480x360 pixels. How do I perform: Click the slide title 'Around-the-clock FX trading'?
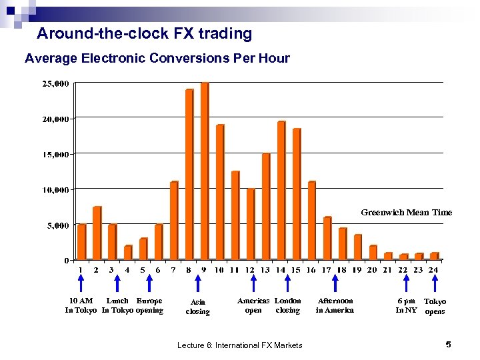pyautogui.click(x=145, y=33)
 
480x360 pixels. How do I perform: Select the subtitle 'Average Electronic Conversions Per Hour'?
pyautogui.click(x=157, y=59)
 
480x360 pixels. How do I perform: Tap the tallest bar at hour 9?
pyautogui.click(x=205, y=171)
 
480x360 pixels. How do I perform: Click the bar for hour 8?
pyautogui.click(x=189, y=175)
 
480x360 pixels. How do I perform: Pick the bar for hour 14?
pyautogui.click(x=281, y=191)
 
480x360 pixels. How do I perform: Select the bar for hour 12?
pyautogui.click(x=251, y=224)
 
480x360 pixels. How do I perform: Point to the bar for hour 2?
pyautogui.click(x=97, y=233)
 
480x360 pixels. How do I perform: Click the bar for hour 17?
pyautogui.click(x=327, y=239)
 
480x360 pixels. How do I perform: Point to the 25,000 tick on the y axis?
pyautogui.click(x=55, y=84)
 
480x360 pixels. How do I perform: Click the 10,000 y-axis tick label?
pyautogui.click(x=55, y=190)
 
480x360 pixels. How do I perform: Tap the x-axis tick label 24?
pyautogui.click(x=434, y=270)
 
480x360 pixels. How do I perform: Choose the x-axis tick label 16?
pyautogui.click(x=311, y=270)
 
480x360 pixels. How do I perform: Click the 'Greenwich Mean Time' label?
pyautogui.click(x=406, y=213)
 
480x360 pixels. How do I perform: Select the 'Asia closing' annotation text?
pyautogui.click(x=197, y=307)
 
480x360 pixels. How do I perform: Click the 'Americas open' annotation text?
pyautogui.click(x=253, y=305)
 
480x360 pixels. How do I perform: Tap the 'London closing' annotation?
pyautogui.click(x=288, y=305)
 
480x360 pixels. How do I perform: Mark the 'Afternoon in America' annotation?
pyautogui.click(x=335, y=305)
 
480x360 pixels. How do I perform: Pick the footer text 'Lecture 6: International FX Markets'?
pyautogui.click(x=240, y=345)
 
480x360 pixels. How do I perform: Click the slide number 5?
pyautogui.click(x=448, y=344)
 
